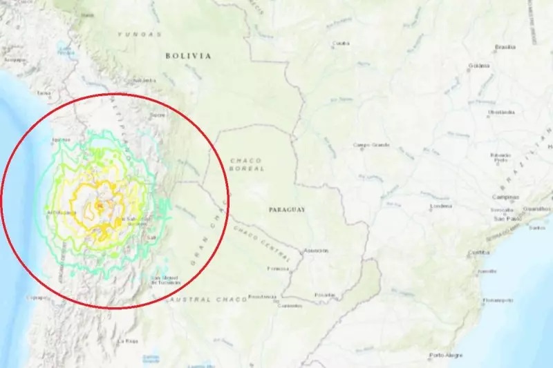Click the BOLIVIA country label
point(188,56)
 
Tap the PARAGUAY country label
point(288,209)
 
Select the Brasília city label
point(505,47)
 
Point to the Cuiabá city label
point(341,44)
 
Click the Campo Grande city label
point(371,145)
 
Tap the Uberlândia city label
point(501,112)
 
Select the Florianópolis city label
point(498,300)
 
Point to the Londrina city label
point(440,206)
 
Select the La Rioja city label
point(129,341)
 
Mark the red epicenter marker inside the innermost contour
point(100,204)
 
